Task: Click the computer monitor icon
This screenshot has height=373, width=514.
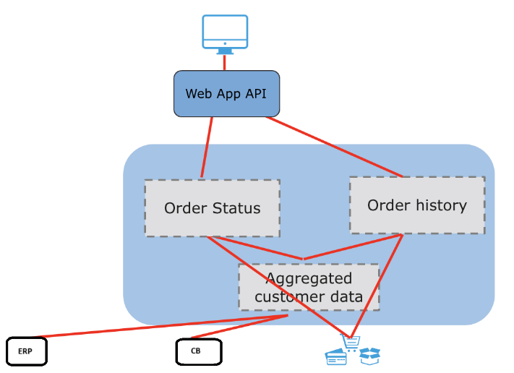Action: (225, 34)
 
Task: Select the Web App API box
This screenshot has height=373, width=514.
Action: (226, 94)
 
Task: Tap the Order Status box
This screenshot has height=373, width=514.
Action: (213, 207)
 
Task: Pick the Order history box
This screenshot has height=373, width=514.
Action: (417, 205)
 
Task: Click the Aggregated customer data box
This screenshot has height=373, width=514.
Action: (309, 287)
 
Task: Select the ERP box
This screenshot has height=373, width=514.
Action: (27, 351)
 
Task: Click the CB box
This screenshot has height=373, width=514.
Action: (199, 352)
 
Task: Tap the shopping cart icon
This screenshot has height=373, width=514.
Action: (351, 343)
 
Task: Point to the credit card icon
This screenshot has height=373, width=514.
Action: (335, 357)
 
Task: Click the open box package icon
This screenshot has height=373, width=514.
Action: (369, 356)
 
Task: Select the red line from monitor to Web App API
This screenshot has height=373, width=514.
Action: (225, 62)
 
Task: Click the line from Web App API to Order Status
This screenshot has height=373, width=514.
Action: (207, 147)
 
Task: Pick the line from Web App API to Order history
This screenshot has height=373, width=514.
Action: (334, 147)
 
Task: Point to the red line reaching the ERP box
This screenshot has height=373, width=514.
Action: (160, 326)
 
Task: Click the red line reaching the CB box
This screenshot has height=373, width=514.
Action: (239, 327)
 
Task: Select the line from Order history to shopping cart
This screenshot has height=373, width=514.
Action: (377, 286)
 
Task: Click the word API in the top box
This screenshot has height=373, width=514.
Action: (256, 94)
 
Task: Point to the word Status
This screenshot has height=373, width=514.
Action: (236, 208)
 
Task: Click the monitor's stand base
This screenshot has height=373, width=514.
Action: (225, 53)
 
